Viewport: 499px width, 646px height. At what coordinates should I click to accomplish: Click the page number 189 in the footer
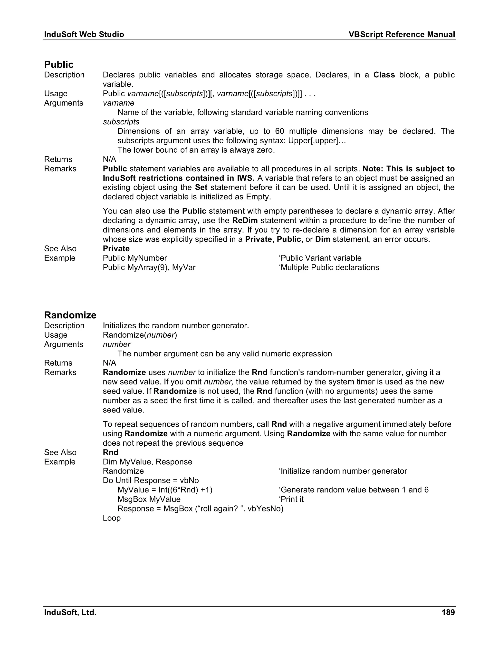(x=448, y=612)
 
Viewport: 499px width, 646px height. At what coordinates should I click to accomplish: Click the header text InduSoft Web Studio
(x=84, y=35)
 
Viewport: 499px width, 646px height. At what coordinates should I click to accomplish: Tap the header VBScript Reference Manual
(x=402, y=35)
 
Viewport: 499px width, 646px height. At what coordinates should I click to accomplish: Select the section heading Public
(x=59, y=65)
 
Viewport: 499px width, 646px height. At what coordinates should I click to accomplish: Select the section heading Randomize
(x=70, y=315)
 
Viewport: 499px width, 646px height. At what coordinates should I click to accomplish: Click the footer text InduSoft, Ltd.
(x=70, y=612)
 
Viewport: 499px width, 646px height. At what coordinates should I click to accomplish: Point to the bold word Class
(x=384, y=75)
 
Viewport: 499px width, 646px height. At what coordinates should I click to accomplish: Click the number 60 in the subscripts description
(x=279, y=131)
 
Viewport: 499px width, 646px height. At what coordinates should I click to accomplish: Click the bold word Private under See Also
(x=116, y=249)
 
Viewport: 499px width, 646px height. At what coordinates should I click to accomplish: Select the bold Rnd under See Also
(x=111, y=452)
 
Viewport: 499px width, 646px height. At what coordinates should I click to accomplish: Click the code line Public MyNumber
(x=135, y=258)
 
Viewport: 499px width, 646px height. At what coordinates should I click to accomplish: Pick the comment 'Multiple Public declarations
(x=329, y=268)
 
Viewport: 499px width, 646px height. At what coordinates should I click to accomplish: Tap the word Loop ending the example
(x=112, y=518)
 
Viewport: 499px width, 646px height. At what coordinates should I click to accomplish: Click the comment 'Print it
(x=291, y=499)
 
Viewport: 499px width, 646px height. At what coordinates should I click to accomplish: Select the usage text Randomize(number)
(x=140, y=335)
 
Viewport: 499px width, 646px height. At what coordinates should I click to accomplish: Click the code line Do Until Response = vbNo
(x=151, y=481)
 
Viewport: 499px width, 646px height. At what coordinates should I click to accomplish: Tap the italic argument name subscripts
(x=121, y=122)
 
